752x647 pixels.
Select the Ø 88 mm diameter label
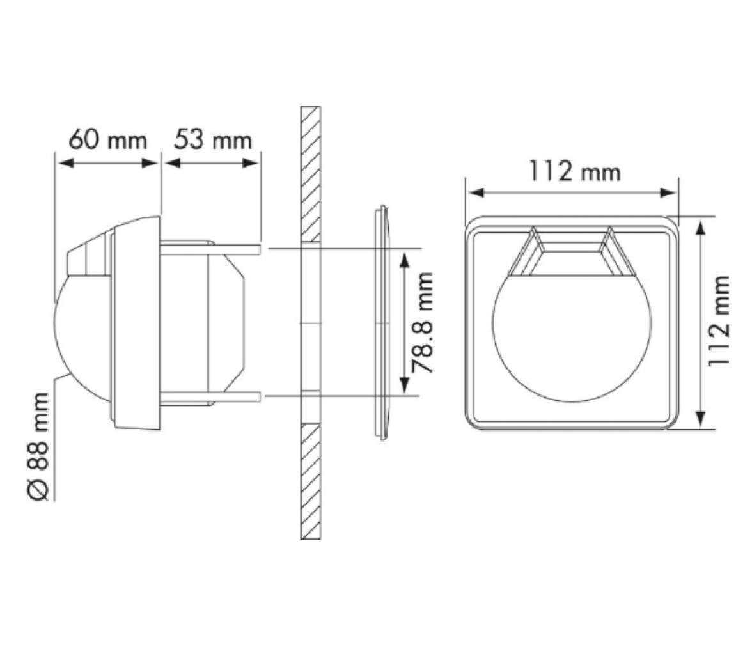pos(38,446)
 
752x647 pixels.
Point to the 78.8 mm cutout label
pos(423,322)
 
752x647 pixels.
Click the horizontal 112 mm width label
pos(574,171)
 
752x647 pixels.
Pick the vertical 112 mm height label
pos(719,321)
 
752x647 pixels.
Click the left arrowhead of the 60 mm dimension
pos(66,163)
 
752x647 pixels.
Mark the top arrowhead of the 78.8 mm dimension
pos(405,260)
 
